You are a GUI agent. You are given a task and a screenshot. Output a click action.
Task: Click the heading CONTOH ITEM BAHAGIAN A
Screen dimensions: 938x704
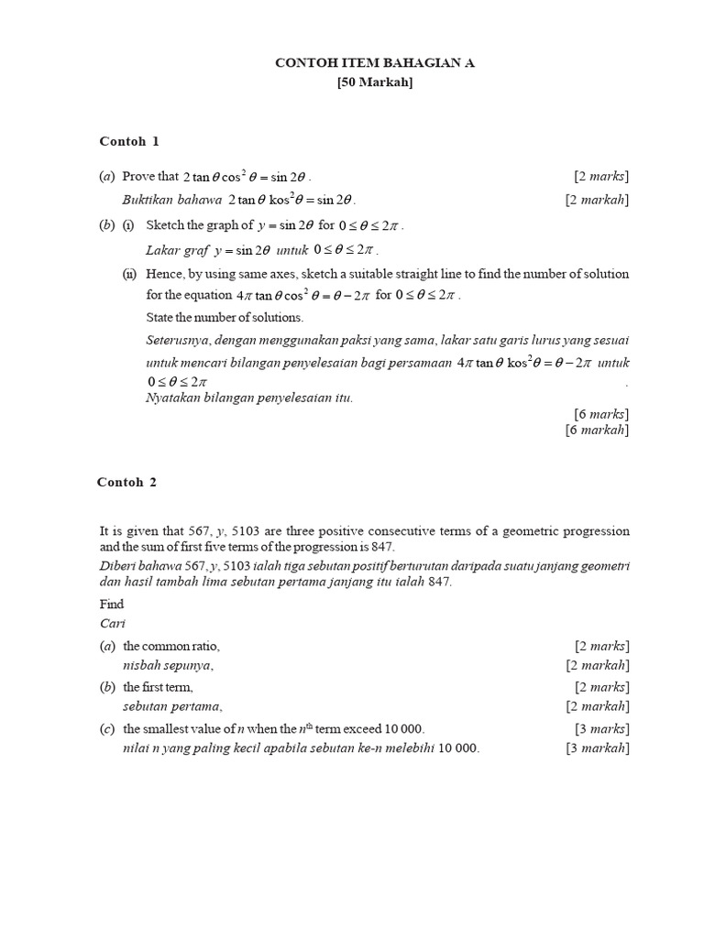[x=376, y=62]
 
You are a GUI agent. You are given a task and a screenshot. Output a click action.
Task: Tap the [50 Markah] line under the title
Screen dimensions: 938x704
[x=376, y=83]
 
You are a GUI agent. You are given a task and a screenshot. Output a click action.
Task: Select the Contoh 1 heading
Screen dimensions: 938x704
[x=129, y=141]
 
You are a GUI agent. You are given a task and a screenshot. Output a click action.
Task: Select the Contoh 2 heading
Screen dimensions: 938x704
[x=127, y=482]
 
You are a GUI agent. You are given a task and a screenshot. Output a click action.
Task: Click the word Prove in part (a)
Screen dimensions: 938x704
[x=138, y=176]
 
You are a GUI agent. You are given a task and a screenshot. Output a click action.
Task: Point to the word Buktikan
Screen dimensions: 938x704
[x=148, y=199]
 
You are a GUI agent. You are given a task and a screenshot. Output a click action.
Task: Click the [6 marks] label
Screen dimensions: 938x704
[x=601, y=413]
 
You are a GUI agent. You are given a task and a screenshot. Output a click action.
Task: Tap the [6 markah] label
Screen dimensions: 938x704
[x=598, y=429]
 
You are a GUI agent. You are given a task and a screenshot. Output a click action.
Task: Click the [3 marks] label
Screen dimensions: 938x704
[x=601, y=728]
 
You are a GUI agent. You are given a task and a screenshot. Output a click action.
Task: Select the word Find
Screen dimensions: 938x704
[x=111, y=605]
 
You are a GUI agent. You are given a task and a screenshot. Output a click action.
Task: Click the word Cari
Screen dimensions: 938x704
[x=110, y=623]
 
